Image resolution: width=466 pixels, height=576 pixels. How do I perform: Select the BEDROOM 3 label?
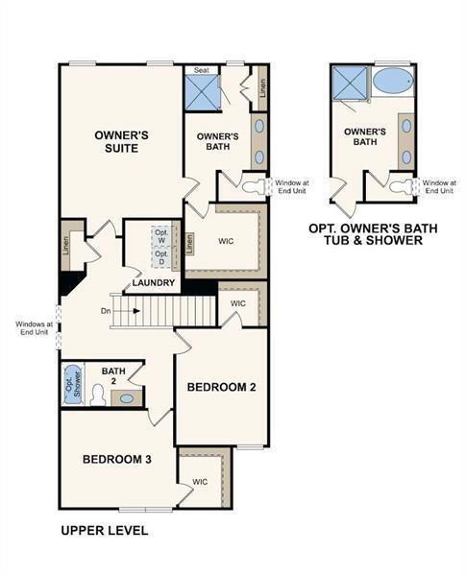[116, 459]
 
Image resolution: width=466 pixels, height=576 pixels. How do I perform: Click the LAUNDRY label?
[154, 283]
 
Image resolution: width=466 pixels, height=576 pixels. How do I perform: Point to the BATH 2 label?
[113, 375]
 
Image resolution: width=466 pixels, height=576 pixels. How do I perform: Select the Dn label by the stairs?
[105, 311]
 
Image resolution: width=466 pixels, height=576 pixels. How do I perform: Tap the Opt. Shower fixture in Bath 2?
[73, 385]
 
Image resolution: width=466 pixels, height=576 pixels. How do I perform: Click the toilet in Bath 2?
[97, 395]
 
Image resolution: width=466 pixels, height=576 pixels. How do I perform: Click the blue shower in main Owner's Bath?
[203, 94]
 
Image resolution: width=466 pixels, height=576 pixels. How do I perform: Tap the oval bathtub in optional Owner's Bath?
[392, 81]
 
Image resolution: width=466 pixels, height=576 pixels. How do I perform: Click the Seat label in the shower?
[202, 70]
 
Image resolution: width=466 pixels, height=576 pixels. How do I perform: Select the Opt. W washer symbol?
[161, 237]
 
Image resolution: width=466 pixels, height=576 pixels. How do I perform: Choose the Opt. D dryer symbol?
[161, 258]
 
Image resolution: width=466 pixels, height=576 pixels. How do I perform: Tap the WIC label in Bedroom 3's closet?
[200, 482]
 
